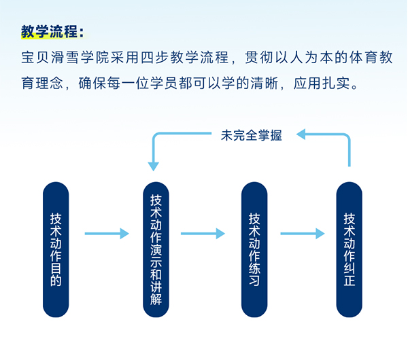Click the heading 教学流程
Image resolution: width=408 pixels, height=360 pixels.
pyautogui.click(x=52, y=31)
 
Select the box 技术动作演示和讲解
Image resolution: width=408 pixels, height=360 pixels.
pyautogui.click(x=156, y=250)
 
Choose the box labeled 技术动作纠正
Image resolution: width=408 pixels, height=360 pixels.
pyautogui.click(x=350, y=250)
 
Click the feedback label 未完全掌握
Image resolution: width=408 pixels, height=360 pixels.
pyautogui.click(x=251, y=134)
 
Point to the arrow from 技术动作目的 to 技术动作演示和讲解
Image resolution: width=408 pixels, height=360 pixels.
pyautogui.click(x=106, y=234)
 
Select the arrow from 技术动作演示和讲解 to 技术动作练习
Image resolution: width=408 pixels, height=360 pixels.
pyautogui.click(x=203, y=234)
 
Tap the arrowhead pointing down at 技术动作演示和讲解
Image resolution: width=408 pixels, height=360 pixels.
pyautogui.click(x=154, y=164)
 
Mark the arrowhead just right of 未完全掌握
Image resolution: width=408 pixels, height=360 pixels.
pyautogui.click(x=302, y=135)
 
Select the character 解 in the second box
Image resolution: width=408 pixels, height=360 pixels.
pyautogui.click(x=156, y=298)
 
